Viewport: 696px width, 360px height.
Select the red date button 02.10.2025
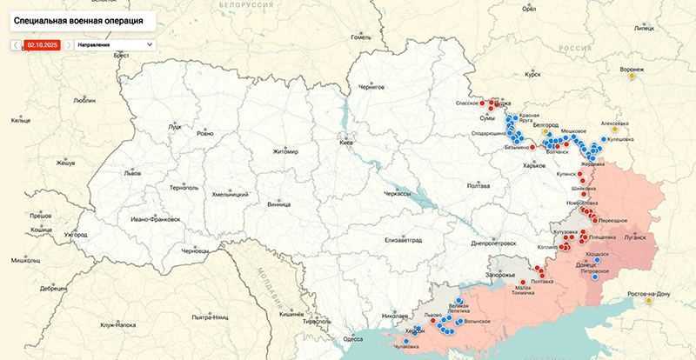[x=42, y=43]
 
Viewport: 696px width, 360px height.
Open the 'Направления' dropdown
[x=113, y=43]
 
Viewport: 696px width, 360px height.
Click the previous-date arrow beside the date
[x=16, y=43]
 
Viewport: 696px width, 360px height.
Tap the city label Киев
[x=346, y=142]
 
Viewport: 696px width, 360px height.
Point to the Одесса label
[x=353, y=338]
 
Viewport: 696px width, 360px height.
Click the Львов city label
[x=132, y=173]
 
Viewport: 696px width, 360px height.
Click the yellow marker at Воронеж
[x=632, y=76]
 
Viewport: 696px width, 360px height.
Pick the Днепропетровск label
[x=492, y=243]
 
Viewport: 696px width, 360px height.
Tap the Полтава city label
[x=478, y=185]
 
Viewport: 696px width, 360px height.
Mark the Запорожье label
[x=500, y=275]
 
